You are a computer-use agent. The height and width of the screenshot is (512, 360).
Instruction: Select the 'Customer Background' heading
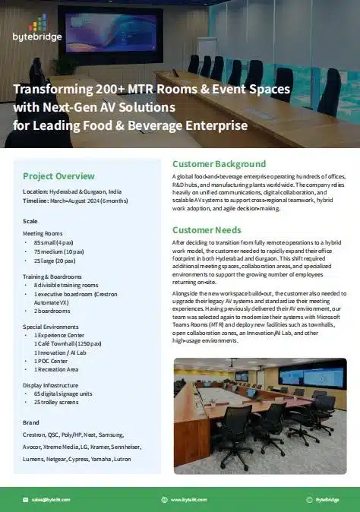(x=219, y=163)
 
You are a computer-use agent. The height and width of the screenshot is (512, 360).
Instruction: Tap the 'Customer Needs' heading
(x=207, y=229)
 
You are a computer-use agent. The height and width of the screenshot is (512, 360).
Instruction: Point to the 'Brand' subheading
(x=30, y=421)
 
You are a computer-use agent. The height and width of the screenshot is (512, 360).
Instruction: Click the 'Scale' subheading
(x=30, y=220)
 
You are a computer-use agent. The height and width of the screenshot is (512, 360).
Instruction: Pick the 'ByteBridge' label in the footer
(x=327, y=499)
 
